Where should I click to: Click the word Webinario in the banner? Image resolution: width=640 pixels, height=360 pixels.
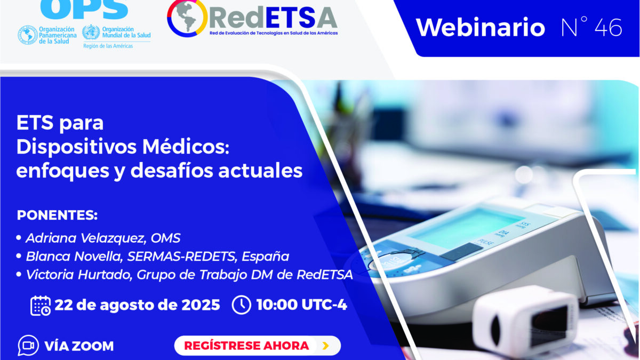[x=481, y=27]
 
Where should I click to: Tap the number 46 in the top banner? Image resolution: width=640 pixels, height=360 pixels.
[x=609, y=27]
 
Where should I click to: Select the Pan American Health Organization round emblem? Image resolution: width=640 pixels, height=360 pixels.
[x=28, y=35]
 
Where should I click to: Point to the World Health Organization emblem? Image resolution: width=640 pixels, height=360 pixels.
[x=91, y=33]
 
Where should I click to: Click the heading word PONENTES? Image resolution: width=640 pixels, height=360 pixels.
[x=57, y=215]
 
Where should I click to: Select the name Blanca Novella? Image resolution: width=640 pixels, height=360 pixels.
[x=74, y=257]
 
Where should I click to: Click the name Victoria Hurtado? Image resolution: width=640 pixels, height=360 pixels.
[x=79, y=275]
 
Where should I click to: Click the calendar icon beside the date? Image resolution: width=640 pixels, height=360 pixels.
[x=41, y=306]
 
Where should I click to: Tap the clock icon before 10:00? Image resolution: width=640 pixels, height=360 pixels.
[x=242, y=305]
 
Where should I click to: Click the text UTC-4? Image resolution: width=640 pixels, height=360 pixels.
[x=324, y=305]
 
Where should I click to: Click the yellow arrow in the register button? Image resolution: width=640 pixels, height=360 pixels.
[x=325, y=346]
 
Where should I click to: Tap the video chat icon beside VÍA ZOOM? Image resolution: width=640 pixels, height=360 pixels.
[x=28, y=346]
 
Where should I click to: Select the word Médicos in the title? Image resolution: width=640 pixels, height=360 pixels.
[x=186, y=147]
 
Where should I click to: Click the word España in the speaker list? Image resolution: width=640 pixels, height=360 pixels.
[x=266, y=257]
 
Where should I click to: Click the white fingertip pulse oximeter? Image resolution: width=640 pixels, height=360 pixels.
[x=523, y=320]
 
